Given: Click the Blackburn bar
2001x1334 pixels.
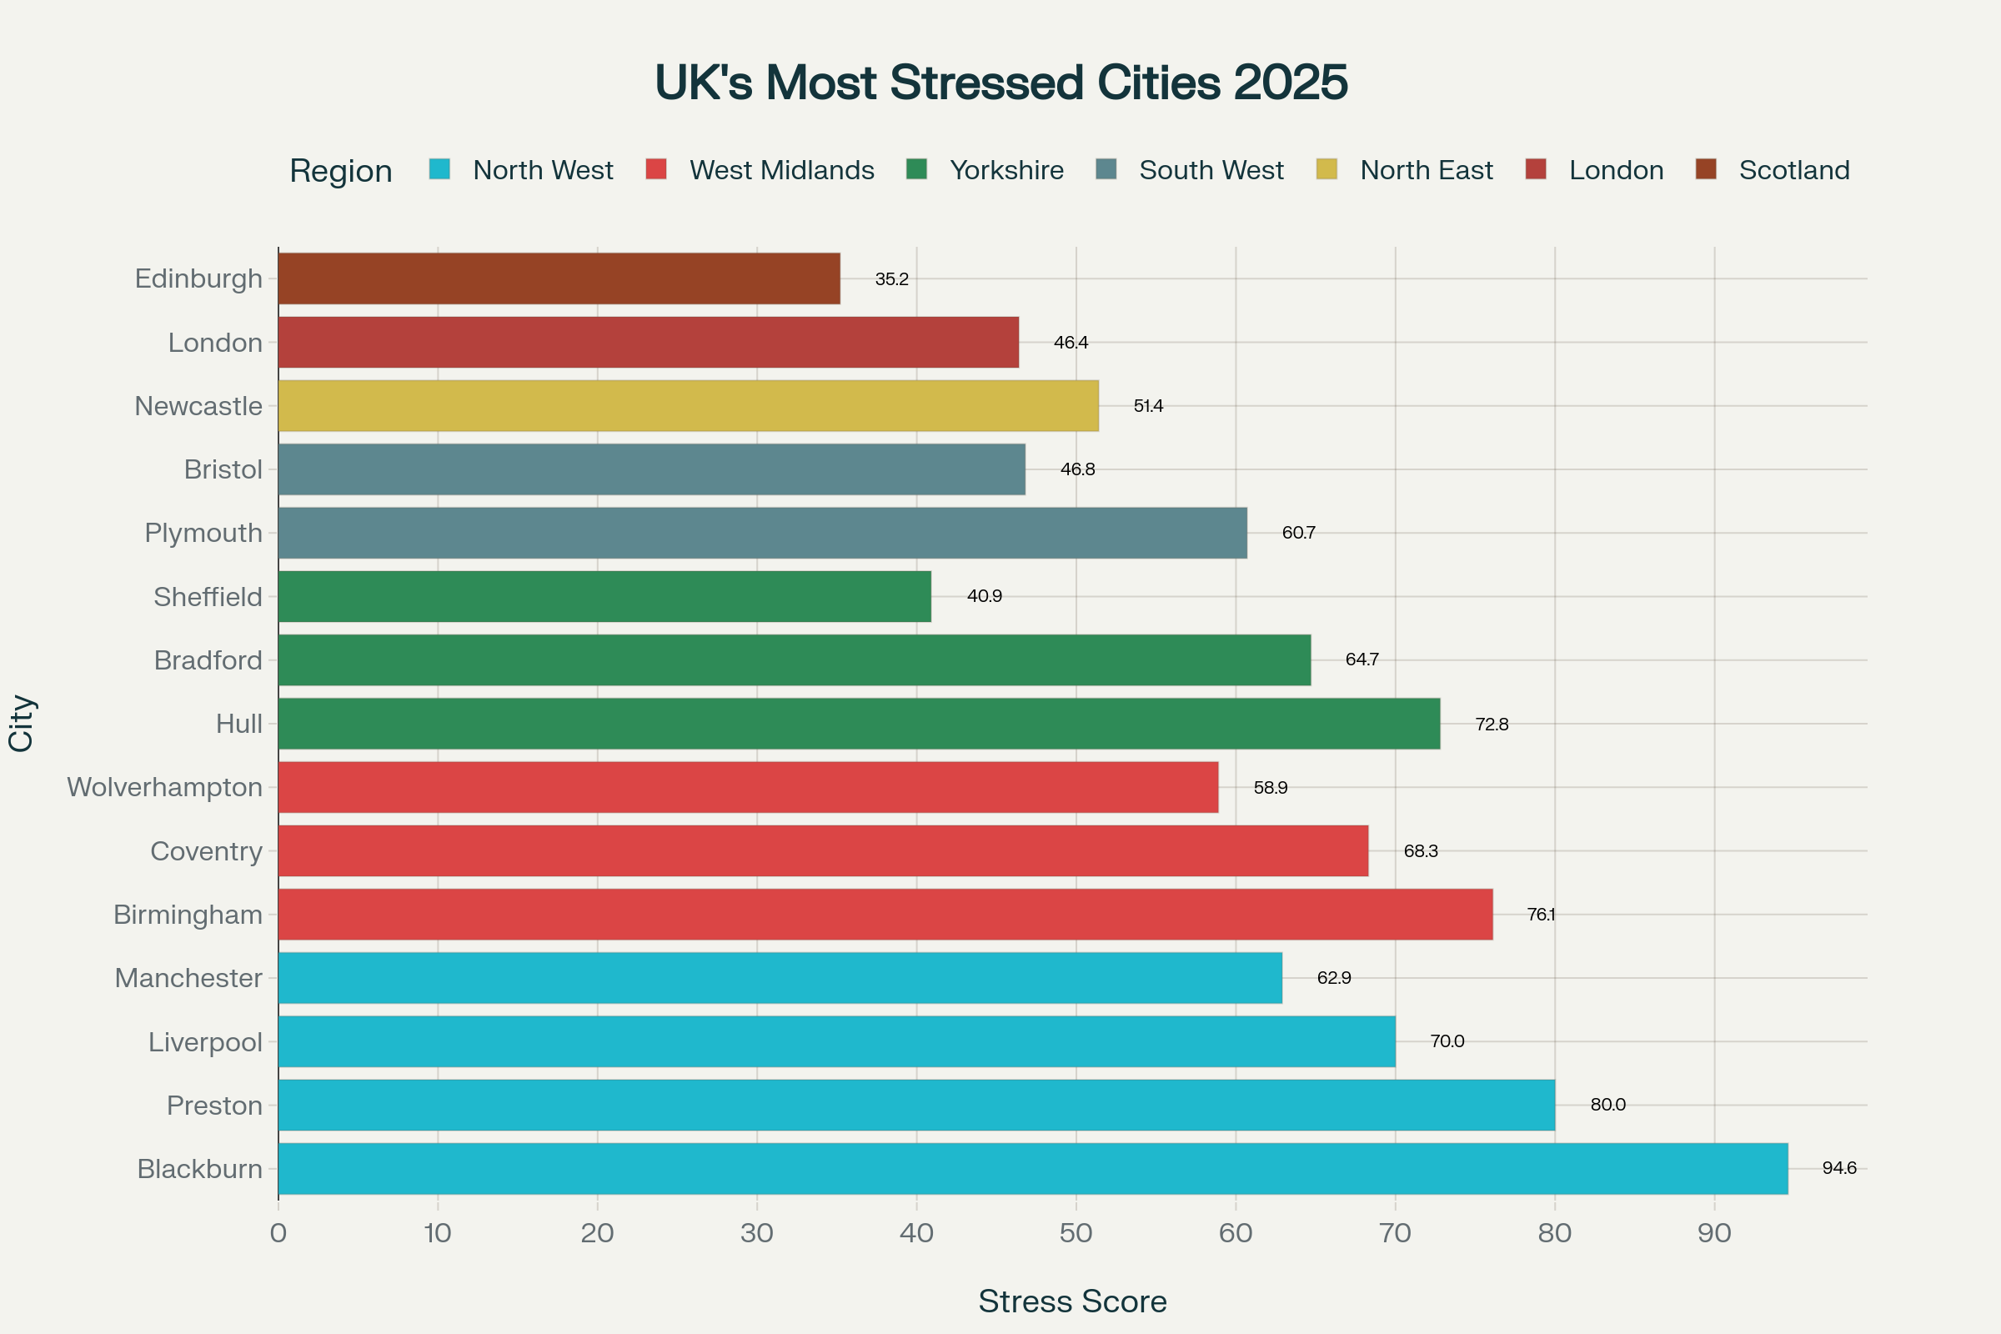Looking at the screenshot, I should click(1033, 1168).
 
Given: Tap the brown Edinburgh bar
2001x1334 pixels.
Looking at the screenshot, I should click(558, 278).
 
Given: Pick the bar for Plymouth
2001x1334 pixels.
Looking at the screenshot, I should click(762, 533).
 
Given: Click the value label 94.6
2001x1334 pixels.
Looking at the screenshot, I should click(1839, 1168).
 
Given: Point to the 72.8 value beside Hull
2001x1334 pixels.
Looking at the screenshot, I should click(1492, 724).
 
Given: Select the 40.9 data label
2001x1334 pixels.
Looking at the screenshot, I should click(985, 596).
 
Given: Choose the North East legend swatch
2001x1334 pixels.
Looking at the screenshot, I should click(1326, 169).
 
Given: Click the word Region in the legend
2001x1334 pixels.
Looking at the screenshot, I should click(340, 171).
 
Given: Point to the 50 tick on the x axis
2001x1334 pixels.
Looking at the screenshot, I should click(1076, 1233).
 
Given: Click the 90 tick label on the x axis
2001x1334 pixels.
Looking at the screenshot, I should click(1714, 1233).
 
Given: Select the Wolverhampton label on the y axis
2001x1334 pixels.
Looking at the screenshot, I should click(164, 787).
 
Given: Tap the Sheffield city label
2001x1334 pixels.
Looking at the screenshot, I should click(208, 596).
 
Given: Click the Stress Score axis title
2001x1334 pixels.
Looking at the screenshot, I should click(1072, 1301).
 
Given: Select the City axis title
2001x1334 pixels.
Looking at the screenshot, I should click(22, 723).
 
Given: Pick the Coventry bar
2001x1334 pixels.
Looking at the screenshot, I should click(823, 850).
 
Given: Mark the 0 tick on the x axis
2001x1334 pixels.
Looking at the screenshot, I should click(278, 1233).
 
